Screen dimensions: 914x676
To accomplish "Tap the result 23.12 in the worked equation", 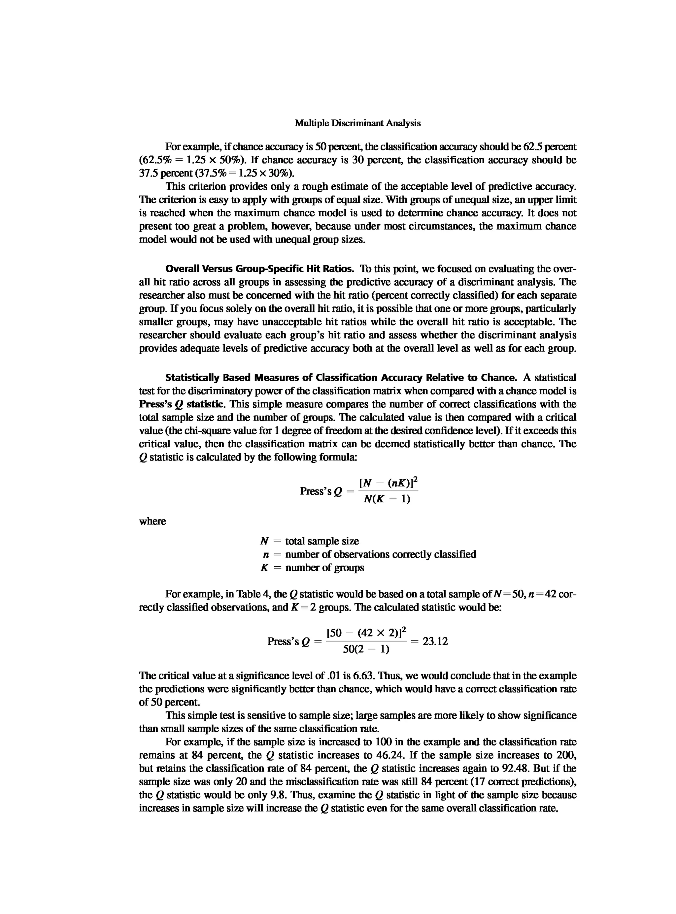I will coord(435,641).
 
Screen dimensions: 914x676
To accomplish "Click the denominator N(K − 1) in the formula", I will coord(387,499).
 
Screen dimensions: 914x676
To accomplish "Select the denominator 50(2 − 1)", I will coord(366,649).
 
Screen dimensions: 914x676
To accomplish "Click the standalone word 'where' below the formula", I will coord(152,521).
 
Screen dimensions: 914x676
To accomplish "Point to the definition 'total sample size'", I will coord(322,541).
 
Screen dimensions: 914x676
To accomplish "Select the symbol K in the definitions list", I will coord(264,568).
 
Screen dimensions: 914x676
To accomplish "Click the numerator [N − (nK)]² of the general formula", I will coord(388,483).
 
